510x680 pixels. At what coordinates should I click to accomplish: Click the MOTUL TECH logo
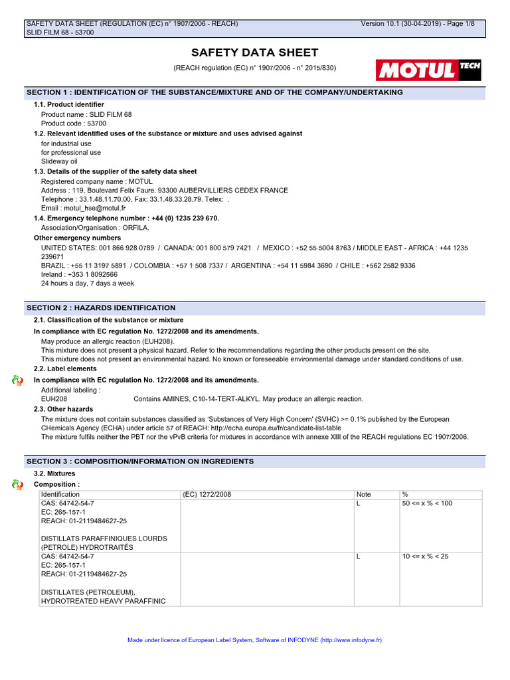pos(428,70)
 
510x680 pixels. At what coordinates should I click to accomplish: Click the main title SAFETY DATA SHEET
pos(254,52)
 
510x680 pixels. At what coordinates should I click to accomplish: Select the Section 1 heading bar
pos(255,92)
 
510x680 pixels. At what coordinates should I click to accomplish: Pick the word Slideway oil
pos(59,161)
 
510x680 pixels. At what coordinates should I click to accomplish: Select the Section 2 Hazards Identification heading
pos(255,308)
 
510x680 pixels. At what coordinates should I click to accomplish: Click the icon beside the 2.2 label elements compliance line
pos(17,380)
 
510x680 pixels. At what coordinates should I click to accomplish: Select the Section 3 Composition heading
pos(255,461)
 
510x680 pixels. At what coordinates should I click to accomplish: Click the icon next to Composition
pos(17,485)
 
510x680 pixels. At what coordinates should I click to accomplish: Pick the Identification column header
pos(60,495)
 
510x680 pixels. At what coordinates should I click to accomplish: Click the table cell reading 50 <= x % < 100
pos(427,503)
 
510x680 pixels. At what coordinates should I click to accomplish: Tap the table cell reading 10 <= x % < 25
pos(425,556)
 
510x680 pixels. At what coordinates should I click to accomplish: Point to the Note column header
pos(363,495)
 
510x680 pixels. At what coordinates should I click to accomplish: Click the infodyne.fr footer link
pos(351,640)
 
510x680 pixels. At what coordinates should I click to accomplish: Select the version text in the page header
pos(418,24)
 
